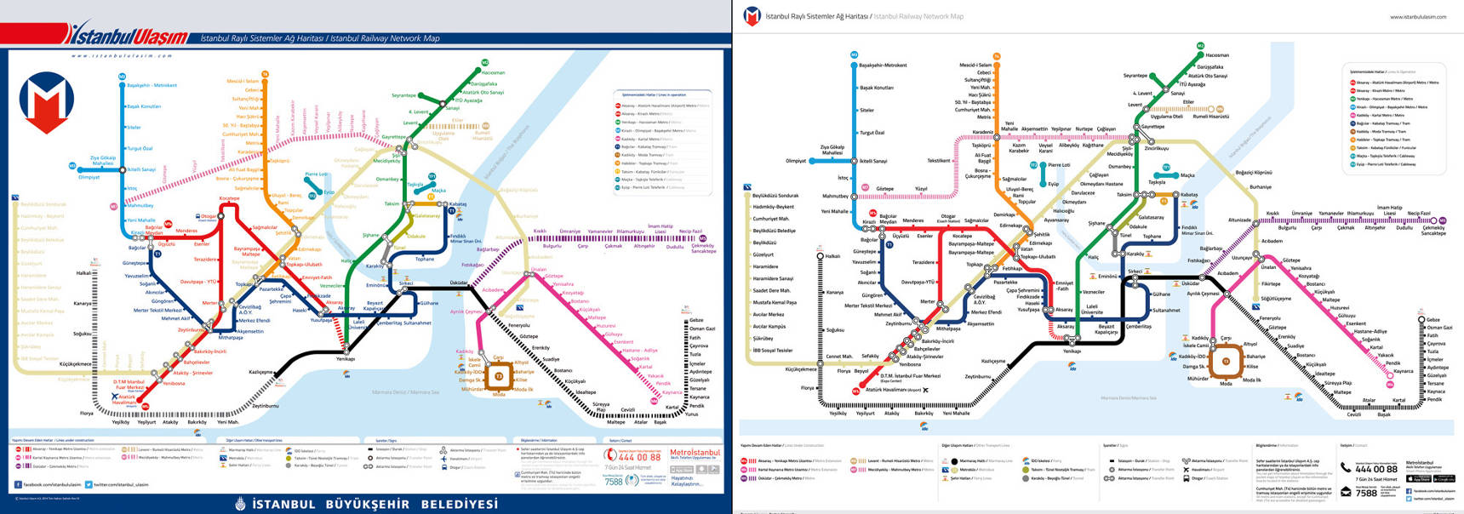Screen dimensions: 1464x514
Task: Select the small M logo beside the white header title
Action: [x=752, y=15]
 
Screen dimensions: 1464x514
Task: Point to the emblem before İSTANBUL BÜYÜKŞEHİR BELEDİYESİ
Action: [x=241, y=504]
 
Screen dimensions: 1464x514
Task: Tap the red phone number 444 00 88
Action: [x=638, y=457]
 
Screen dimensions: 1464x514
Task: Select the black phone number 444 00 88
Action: [x=1376, y=468]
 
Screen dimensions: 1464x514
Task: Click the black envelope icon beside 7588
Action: [x=1346, y=492]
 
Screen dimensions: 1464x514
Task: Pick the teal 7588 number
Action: [x=614, y=482]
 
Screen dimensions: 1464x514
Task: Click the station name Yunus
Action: [x=691, y=414]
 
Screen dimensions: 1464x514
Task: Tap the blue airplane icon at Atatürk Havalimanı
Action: [x=115, y=397]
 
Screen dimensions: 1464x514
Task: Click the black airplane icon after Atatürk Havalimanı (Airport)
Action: [x=925, y=390]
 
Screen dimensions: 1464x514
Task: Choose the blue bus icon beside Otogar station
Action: [x=198, y=216]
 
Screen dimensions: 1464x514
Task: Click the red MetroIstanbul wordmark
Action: [x=695, y=453]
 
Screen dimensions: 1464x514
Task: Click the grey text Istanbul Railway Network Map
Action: [x=918, y=16]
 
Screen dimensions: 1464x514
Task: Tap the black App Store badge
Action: [x=1419, y=478]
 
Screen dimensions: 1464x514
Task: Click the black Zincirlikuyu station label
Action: [x=1156, y=148]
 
